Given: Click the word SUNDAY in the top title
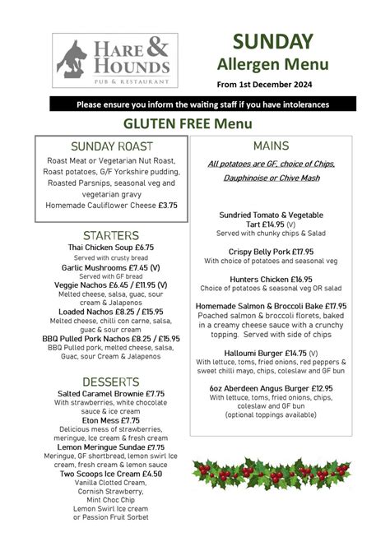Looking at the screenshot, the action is tap(272, 41).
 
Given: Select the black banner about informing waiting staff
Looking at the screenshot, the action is tap(202, 104).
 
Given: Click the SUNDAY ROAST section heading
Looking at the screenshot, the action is tap(111, 146).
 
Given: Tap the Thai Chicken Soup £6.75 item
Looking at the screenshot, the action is tap(111, 247).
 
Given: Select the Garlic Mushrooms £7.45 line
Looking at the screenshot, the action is tap(111, 267).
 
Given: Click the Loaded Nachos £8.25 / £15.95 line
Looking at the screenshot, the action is tap(111, 313).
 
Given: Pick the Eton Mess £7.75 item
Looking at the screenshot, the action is tap(111, 420).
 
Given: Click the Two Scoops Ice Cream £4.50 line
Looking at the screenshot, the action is tap(111, 474).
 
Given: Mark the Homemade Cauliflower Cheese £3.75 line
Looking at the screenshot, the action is tap(111, 205).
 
